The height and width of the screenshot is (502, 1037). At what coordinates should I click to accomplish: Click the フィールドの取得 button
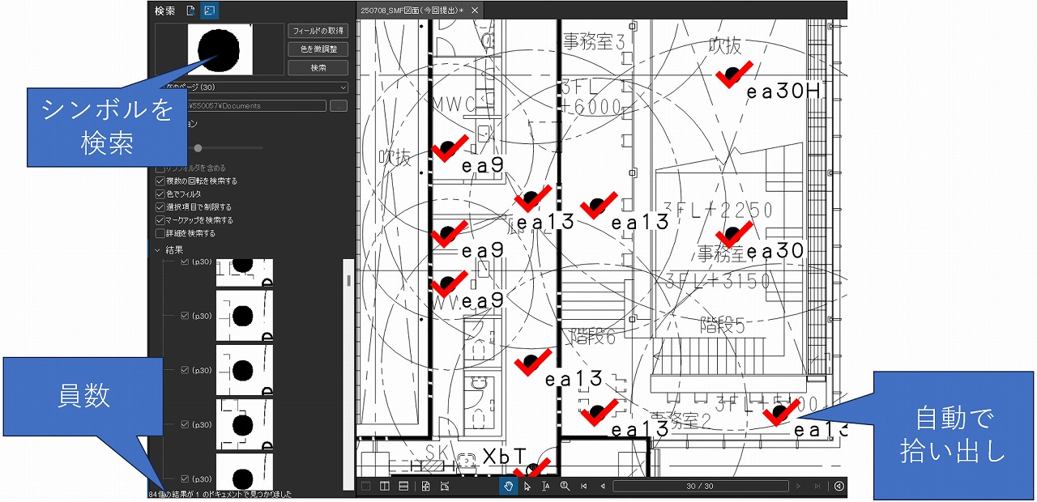pos(318,31)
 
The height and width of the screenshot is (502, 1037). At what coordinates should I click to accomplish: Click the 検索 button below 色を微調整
pos(318,68)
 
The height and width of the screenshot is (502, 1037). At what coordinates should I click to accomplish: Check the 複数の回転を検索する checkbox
pos(160,181)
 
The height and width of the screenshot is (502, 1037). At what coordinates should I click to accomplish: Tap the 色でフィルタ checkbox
pos(160,194)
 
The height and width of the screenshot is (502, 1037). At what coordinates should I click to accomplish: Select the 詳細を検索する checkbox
pos(160,233)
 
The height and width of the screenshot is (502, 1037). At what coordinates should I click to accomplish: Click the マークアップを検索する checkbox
pos(160,220)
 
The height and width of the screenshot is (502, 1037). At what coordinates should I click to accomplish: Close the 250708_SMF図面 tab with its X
pos(475,11)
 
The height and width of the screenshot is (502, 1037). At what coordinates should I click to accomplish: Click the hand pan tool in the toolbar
pos(508,486)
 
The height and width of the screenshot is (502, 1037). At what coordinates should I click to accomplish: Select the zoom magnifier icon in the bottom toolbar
pos(564,486)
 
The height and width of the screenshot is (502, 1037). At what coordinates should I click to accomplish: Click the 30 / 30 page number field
pos(700,486)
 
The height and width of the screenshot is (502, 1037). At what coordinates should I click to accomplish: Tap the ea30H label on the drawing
pos(784,92)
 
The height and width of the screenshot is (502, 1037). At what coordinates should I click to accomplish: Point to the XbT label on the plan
pos(505,457)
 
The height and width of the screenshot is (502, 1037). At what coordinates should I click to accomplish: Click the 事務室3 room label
pos(594,42)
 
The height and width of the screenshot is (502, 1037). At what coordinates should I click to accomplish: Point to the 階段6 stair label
pos(593,337)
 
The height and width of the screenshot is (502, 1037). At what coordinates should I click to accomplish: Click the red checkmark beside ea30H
pos(735,74)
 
